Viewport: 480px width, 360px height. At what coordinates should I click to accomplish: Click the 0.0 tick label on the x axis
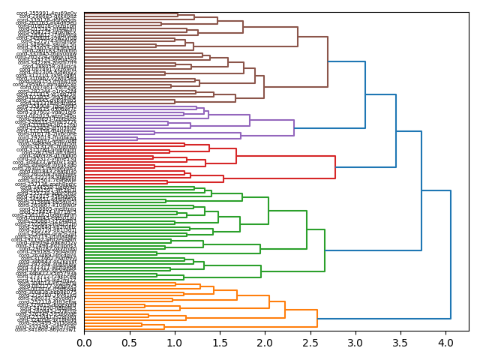pyautogui.click(x=84, y=343)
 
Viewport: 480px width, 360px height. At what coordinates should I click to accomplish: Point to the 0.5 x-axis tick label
pyautogui.click(x=129, y=343)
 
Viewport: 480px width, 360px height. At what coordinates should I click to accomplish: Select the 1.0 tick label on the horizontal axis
pyautogui.click(x=174, y=343)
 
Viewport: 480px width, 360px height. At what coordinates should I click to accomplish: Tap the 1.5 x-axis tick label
pyautogui.click(x=220, y=343)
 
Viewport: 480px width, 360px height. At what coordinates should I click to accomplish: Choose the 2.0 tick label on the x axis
pyautogui.click(x=265, y=343)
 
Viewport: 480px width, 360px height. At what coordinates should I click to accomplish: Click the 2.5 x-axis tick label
pyautogui.click(x=310, y=343)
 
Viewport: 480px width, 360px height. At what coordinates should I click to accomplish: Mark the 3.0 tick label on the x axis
pyautogui.click(x=355, y=343)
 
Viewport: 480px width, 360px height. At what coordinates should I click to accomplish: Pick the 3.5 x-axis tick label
pyautogui.click(x=400, y=343)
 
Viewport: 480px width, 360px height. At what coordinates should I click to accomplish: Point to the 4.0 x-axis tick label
pyautogui.click(x=445, y=343)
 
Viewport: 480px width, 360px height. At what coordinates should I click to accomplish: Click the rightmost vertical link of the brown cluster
pyautogui.click(x=328, y=61)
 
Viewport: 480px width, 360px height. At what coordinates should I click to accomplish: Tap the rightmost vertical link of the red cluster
pyautogui.click(x=335, y=167)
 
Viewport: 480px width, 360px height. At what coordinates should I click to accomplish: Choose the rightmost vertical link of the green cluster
pyautogui.click(x=325, y=250)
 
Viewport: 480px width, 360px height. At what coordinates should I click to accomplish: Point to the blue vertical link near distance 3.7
pyautogui.click(x=421, y=191)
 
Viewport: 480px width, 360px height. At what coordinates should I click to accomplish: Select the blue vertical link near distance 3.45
pyautogui.click(x=396, y=131)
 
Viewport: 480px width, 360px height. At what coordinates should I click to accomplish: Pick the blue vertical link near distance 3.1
pyautogui.click(x=365, y=94)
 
